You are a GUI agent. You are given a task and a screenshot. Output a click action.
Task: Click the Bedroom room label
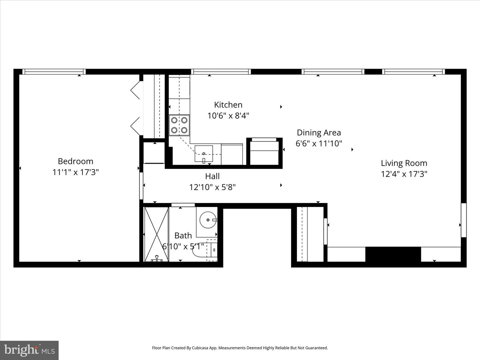click(75, 161)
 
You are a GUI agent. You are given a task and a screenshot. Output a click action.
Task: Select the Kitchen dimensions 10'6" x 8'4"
click(228, 116)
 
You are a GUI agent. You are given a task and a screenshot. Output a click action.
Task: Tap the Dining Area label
click(319, 133)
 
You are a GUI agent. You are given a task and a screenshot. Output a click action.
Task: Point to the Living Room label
click(404, 163)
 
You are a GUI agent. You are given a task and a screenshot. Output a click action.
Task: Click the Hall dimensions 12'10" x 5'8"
click(212, 187)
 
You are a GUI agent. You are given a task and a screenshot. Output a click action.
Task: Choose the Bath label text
click(183, 236)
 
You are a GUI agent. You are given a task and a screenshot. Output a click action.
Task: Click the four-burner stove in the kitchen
click(179, 125)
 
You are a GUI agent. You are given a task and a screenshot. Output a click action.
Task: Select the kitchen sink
click(204, 154)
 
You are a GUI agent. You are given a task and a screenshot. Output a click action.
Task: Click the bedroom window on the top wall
click(54, 71)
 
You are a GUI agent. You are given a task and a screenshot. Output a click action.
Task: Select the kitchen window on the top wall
click(221, 71)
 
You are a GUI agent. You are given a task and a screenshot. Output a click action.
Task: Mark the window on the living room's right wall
click(464, 220)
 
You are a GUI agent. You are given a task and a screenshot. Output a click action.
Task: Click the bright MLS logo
click(29, 350)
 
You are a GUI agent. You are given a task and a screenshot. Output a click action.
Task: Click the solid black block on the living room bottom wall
click(393, 254)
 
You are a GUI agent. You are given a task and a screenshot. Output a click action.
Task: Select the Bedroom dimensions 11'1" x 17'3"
click(75, 172)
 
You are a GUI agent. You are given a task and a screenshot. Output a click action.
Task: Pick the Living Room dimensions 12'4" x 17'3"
click(404, 174)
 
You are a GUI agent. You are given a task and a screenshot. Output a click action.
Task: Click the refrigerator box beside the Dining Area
click(264, 151)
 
